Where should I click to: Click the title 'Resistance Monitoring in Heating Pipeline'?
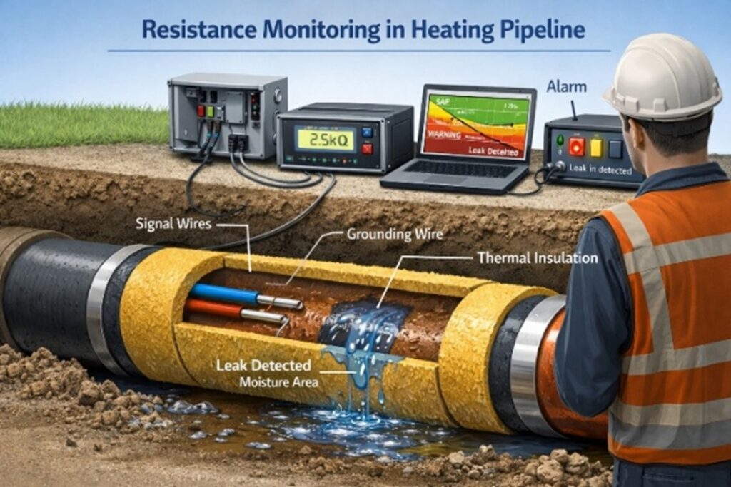point(363,29)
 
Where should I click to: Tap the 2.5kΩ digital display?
point(326,138)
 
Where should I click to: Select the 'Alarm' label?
point(566,87)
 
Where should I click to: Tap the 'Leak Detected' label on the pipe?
point(265,366)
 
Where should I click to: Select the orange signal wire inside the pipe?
point(214,309)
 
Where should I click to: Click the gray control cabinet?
point(227,114)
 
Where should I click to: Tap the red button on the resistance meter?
point(367,148)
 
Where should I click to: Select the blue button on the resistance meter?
point(367,132)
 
